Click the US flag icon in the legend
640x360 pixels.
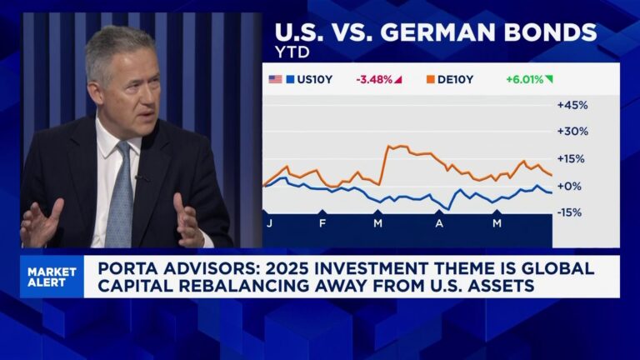pyautogui.click(x=275, y=79)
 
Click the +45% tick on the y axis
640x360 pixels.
pyautogui.click(x=572, y=105)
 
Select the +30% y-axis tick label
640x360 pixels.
pyautogui.click(x=572, y=132)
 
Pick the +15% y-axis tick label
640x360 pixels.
pyautogui.click(x=572, y=158)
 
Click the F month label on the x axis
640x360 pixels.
pyautogui.click(x=322, y=224)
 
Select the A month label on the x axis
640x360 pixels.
pyautogui.click(x=439, y=224)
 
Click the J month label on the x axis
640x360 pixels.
pyautogui.click(x=269, y=224)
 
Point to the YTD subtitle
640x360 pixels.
pyautogui.click(x=291, y=52)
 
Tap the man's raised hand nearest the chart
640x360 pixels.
pyautogui.click(x=187, y=219)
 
